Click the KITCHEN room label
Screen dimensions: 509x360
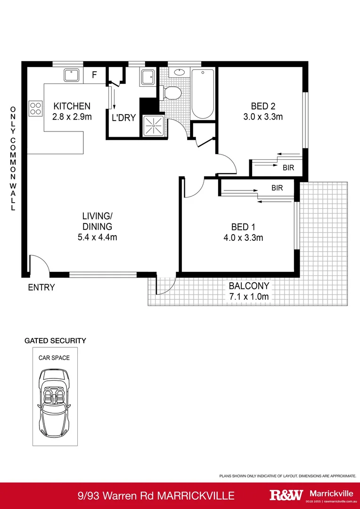(x=72, y=106)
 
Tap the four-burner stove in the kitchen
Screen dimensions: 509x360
(x=35, y=109)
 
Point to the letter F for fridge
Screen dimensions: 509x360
(x=94, y=75)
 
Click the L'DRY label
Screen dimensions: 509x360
(x=123, y=118)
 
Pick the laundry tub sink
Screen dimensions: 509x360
(x=147, y=77)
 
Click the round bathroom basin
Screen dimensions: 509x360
(x=180, y=73)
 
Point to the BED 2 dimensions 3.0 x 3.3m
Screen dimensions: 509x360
(x=263, y=117)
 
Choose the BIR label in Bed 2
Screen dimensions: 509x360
(x=289, y=167)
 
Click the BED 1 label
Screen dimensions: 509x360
(x=243, y=228)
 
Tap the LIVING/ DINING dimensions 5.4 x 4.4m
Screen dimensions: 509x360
(x=97, y=237)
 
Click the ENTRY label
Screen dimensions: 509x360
(x=41, y=287)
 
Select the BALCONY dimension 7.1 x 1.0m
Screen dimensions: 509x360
(x=249, y=296)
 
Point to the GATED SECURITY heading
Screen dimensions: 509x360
(x=55, y=340)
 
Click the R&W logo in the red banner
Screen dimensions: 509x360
(x=286, y=495)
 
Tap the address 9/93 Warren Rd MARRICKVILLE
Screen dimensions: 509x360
(x=156, y=495)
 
